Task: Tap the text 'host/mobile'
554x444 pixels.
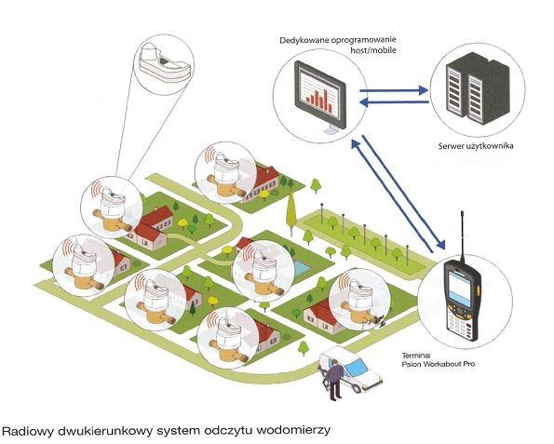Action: click(x=373, y=50)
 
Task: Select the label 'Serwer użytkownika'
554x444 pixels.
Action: click(x=476, y=146)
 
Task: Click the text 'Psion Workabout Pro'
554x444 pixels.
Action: click(x=439, y=364)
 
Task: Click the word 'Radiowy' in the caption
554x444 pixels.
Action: click(x=28, y=431)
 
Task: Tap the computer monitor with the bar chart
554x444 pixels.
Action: click(x=320, y=97)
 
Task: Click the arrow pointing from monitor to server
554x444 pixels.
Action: click(x=394, y=90)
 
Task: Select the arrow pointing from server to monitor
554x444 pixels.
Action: click(x=394, y=102)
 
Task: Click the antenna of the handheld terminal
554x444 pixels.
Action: click(x=462, y=236)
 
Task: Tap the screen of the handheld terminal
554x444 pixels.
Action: click(x=460, y=289)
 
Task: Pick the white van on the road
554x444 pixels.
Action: click(x=350, y=370)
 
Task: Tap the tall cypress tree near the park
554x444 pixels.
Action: click(x=291, y=214)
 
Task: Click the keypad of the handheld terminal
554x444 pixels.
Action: click(x=459, y=325)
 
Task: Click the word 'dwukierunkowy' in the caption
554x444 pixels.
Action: click(x=105, y=431)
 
